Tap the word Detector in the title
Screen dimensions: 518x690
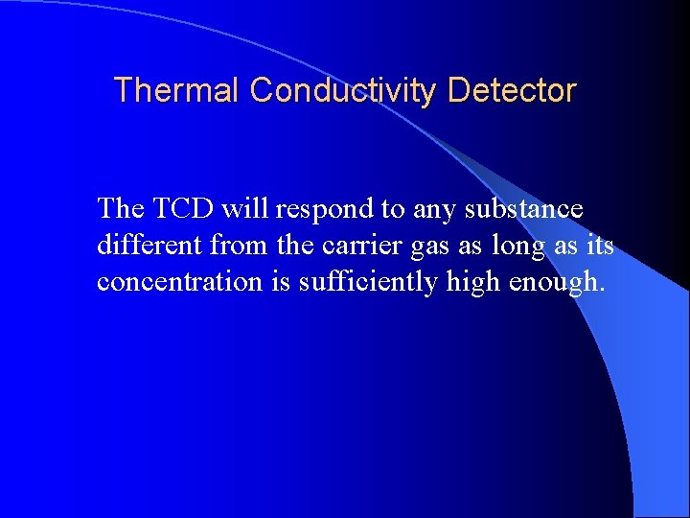[512, 90]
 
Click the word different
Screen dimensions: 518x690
[150, 246]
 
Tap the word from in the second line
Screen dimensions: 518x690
[240, 246]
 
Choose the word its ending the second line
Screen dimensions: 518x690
[597, 246]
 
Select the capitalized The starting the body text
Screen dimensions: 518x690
[119, 208]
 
